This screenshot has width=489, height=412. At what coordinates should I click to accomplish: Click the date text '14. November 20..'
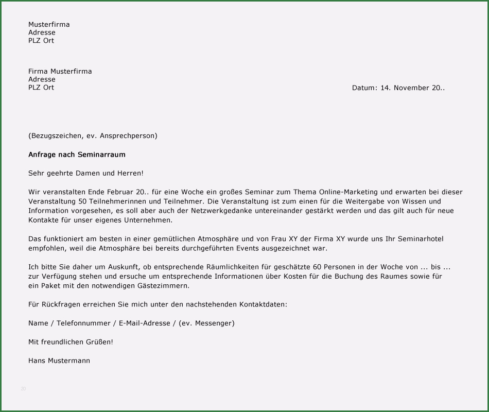click(412, 88)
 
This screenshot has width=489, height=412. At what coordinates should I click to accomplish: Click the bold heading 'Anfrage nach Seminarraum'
click(77, 154)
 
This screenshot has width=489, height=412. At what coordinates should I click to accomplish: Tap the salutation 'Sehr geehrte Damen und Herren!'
click(86, 174)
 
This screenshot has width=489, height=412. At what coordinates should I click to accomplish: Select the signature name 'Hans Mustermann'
click(59, 360)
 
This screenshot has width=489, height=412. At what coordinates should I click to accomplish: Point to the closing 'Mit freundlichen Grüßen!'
click(71, 342)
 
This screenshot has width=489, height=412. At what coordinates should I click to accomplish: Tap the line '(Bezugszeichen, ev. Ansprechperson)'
click(93, 136)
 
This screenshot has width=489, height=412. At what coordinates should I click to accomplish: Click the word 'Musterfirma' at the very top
click(49, 24)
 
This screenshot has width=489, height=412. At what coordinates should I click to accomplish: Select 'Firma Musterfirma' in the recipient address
click(60, 71)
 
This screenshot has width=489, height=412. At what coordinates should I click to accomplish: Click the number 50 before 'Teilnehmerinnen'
click(83, 201)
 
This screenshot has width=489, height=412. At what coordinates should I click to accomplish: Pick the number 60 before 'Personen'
click(317, 267)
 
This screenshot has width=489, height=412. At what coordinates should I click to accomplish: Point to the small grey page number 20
click(23, 388)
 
